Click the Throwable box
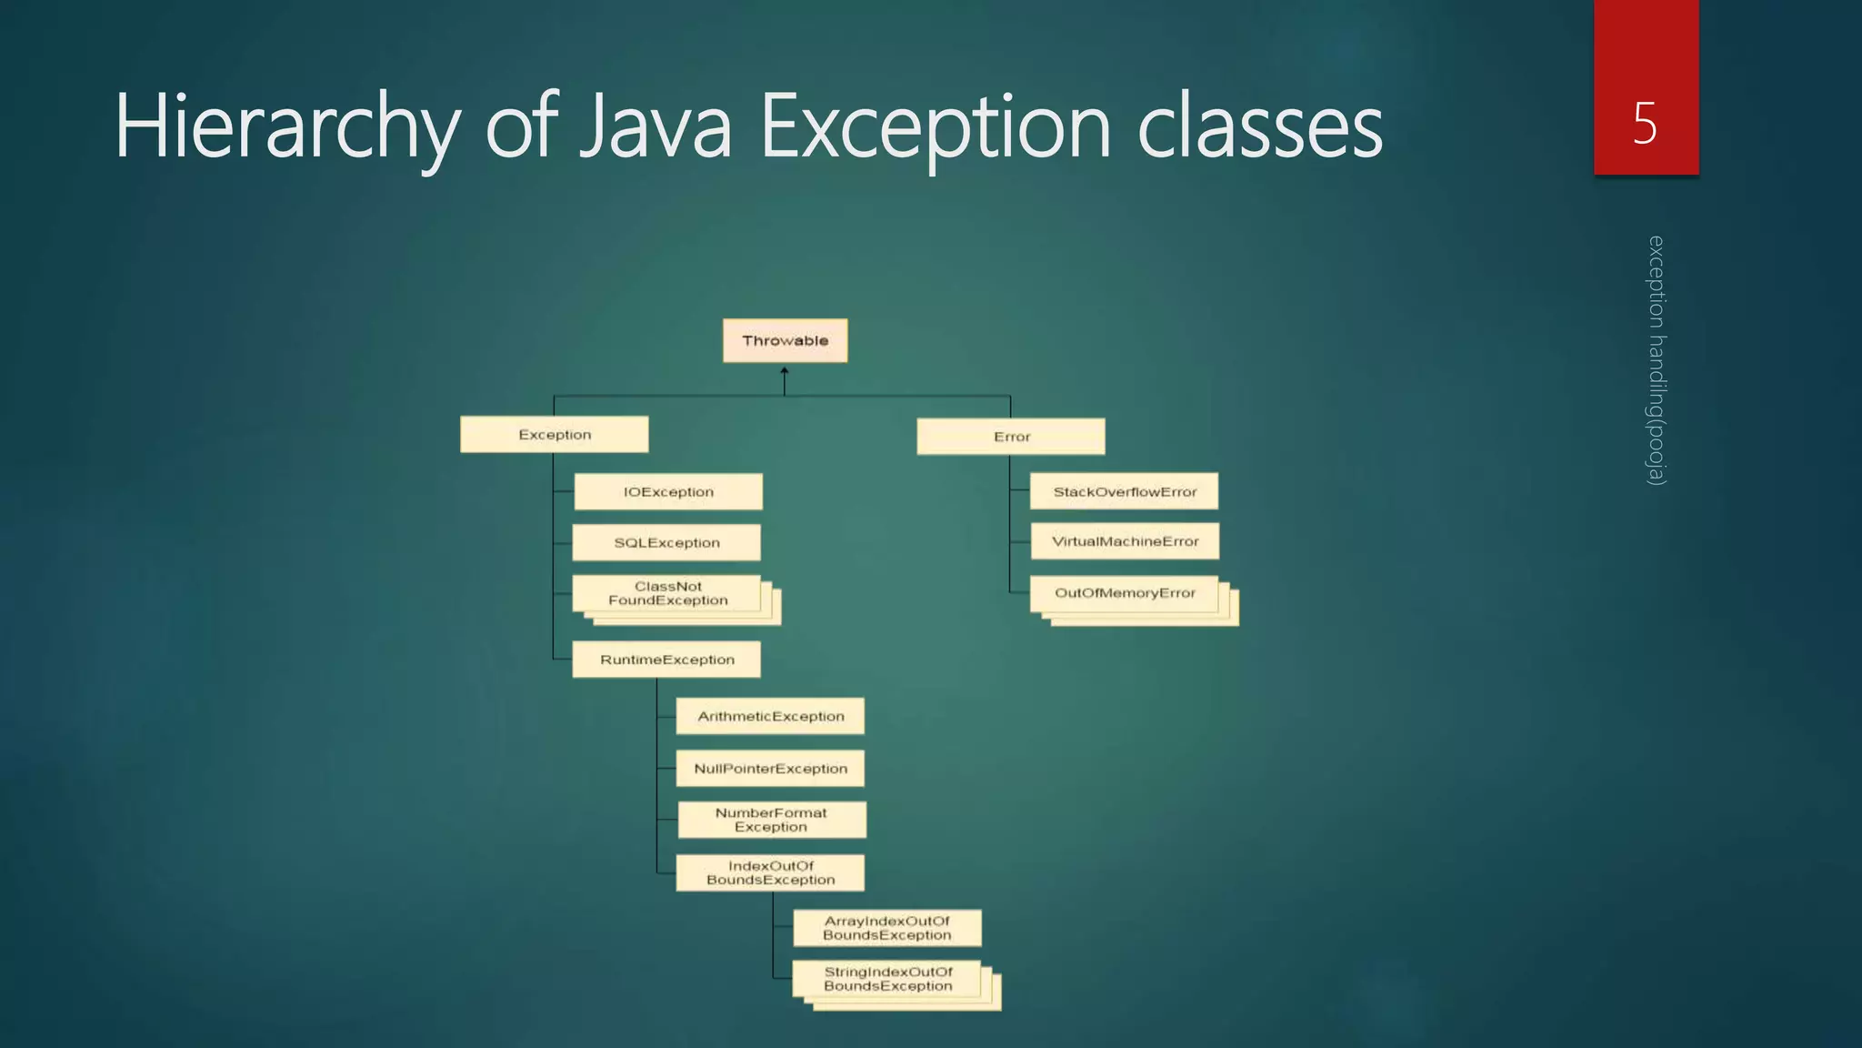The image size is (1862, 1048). click(x=785, y=340)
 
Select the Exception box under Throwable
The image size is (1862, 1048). click(x=555, y=435)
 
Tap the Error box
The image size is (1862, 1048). click(x=1011, y=437)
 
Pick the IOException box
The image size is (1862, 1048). click(x=668, y=492)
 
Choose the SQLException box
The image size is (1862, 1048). click(x=666, y=543)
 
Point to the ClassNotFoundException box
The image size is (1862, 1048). click(x=668, y=594)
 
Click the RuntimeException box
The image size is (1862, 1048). click(x=666, y=660)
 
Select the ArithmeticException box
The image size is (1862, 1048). click(x=770, y=717)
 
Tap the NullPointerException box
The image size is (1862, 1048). click(x=770, y=769)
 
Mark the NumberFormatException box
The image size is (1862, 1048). click(x=771, y=820)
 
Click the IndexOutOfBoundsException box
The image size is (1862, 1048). click(x=770, y=873)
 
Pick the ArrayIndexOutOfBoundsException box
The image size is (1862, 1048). click(x=886, y=928)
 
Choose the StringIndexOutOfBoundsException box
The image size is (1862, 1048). click(x=887, y=980)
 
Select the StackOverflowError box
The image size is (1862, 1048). click(x=1125, y=492)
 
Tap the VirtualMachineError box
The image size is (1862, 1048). click(x=1125, y=541)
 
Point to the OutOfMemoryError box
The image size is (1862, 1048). click(x=1125, y=593)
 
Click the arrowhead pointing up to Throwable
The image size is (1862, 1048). click(x=785, y=370)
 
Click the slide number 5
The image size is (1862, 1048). click(x=1645, y=123)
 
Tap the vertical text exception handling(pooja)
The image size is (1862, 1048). click(x=1656, y=360)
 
